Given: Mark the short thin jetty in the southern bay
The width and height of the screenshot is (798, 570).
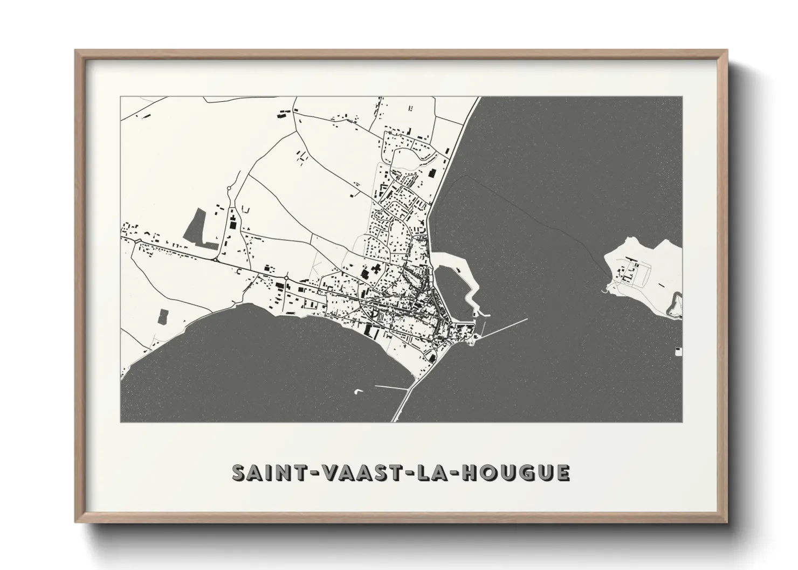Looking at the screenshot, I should click(391, 387).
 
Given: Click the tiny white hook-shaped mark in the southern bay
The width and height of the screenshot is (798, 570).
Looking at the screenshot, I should click(357, 391).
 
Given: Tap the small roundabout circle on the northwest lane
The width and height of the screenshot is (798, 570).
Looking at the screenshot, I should click(229, 189).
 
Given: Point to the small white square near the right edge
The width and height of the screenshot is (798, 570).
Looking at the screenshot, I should click(678, 351).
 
